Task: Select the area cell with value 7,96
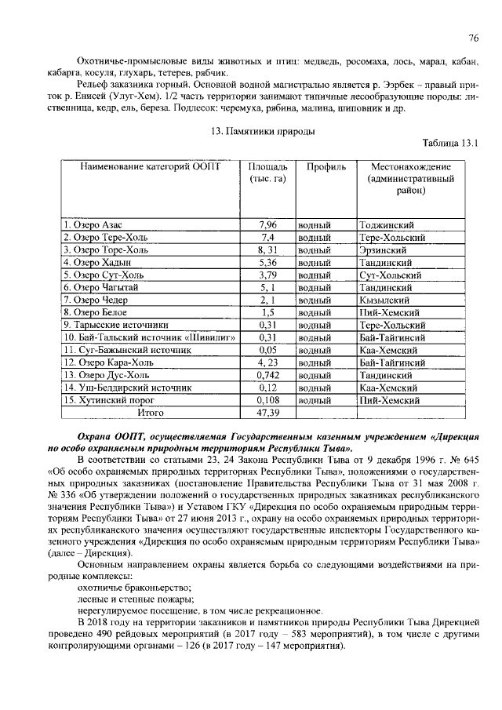click(x=268, y=224)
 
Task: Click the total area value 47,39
click(x=268, y=411)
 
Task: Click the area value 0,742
click(x=268, y=374)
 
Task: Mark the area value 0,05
click(x=268, y=349)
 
